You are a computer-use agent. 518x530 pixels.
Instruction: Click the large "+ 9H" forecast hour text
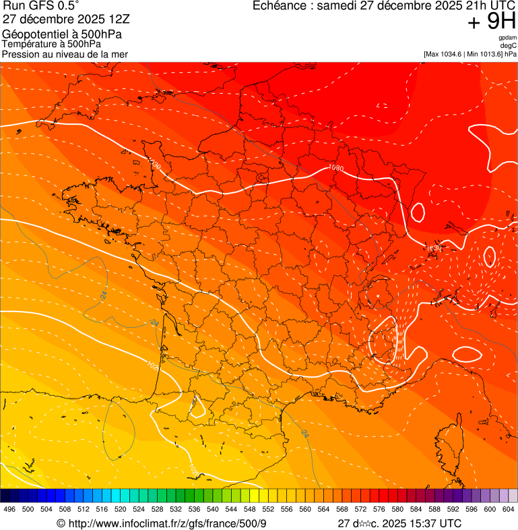coord(492,23)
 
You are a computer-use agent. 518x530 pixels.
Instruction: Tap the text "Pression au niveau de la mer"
coord(65,53)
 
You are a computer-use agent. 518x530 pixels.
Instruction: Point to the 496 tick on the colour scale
coord(9,509)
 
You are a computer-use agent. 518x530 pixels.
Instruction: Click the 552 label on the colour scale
coord(268,509)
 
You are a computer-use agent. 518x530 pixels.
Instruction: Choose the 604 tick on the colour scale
coord(508,509)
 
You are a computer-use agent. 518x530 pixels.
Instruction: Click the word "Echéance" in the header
coord(278,6)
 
